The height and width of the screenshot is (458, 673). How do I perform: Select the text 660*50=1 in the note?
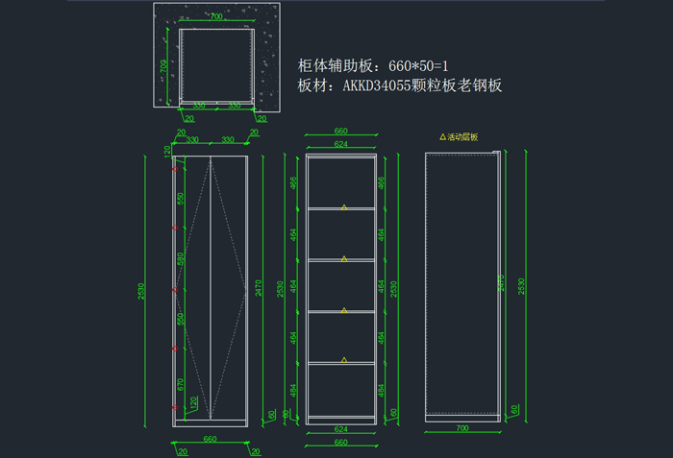click(x=418, y=66)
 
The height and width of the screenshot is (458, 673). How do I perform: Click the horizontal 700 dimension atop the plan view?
click(x=215, y=17)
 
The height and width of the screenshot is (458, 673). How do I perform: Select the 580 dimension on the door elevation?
click(x=180, y=258)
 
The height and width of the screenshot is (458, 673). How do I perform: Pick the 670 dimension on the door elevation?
click(x=180, y=384)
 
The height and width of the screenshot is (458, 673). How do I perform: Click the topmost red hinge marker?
click(x=174, y=169)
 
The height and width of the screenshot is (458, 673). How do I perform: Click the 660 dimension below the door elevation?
click(x=210, y=440)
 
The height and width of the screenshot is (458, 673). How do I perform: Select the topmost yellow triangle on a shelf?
click(x=343, y=205)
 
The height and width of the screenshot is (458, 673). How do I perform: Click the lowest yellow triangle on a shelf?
click(x=343, y=360)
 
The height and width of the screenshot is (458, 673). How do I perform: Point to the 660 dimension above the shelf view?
click(x=340, y=132)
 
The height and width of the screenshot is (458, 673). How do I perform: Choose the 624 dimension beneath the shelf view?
click(x=340, y=429)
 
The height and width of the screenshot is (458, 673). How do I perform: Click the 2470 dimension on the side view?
click(x=500, y=282)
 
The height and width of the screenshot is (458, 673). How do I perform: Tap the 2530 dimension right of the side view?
click(x=522, y=285)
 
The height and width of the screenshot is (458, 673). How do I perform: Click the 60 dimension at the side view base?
click(x=516, y=409)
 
